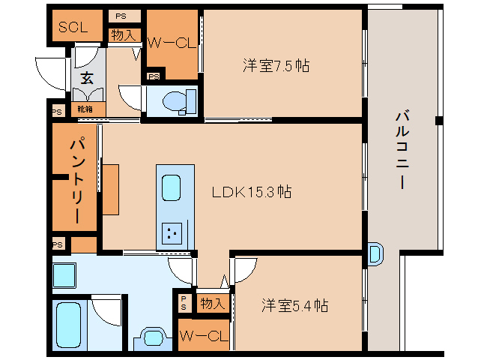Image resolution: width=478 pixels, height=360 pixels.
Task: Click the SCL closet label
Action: coord(73,27)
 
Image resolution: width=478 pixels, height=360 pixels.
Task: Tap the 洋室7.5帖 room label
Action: coord(276,65)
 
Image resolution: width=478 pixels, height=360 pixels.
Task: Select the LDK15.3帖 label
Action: coord(252,192)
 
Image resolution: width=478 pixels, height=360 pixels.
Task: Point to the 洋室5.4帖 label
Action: coord(294,305)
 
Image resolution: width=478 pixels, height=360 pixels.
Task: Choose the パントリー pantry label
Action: coord(77,181)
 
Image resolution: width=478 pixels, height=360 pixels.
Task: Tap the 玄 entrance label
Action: coord(87,78)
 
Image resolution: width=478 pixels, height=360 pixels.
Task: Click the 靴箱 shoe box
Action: coord(85,109)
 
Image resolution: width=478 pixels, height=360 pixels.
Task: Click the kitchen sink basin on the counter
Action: coord(171,188)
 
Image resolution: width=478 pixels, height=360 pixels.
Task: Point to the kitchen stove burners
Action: coord(172,233)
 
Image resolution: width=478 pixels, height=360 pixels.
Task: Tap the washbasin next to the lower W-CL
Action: coord(153,338)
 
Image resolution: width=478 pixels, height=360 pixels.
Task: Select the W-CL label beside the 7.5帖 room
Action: coord(171,43)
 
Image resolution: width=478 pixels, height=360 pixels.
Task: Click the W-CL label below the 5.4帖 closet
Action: coord(204,336)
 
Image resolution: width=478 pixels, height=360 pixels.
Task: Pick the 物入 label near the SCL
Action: coord(123,35)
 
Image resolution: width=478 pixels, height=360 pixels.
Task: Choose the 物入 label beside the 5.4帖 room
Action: coord(213,303)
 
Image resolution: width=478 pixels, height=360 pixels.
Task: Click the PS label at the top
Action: coord(121,16)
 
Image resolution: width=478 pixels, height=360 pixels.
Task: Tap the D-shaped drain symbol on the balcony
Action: coord(375,254)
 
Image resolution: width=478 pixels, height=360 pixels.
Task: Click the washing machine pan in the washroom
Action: coord(64,275)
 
